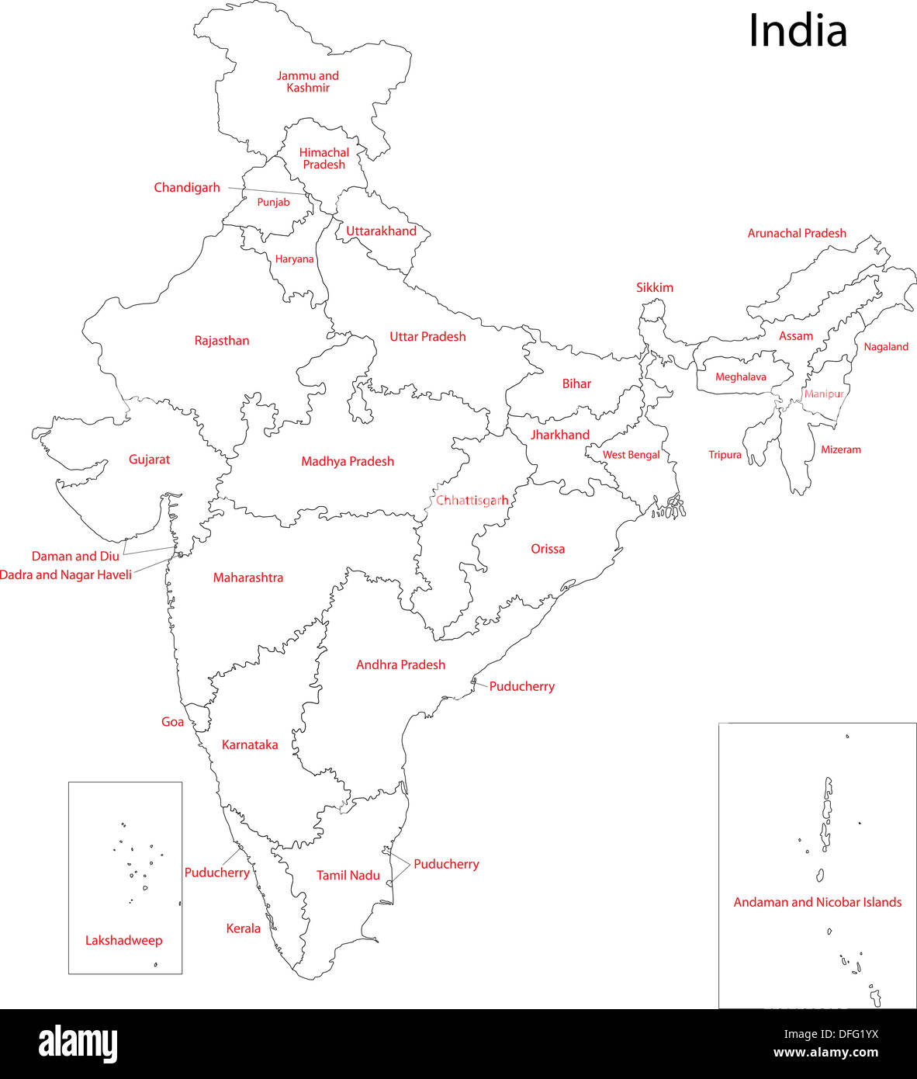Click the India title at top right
798,32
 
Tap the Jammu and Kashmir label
308,82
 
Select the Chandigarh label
187,188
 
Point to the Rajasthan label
222,341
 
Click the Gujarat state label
149,460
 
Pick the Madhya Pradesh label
348,461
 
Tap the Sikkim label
655,287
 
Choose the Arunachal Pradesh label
797,233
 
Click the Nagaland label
886,347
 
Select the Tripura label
725,455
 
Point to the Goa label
172,722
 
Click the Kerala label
243,928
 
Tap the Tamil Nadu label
348,876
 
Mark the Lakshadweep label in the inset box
124,941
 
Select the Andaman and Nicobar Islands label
818,902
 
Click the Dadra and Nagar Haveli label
66,575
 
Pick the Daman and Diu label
75,557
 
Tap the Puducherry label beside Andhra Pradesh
521,686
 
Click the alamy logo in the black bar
78,1044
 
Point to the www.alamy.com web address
825,1053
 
